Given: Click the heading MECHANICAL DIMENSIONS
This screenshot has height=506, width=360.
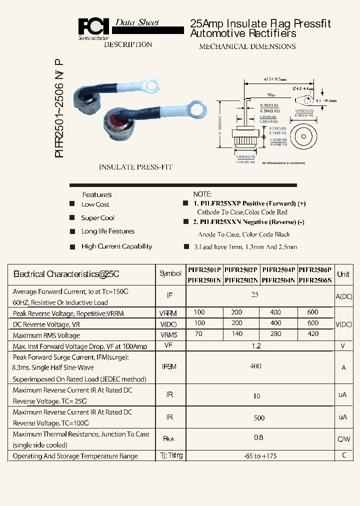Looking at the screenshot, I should click(247, 46).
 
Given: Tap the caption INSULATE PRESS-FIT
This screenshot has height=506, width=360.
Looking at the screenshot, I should click(135, 167).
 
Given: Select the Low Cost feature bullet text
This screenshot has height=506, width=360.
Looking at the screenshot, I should click(95, 204).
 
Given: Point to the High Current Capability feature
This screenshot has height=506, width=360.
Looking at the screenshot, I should click(116, 246).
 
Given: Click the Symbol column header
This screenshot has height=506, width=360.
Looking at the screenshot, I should click(170, 274).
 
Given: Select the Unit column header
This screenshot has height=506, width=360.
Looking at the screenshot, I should click(343, 274).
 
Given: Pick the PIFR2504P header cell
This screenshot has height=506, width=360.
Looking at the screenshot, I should click(278, 269).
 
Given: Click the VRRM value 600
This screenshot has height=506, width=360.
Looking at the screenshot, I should click(313, 312).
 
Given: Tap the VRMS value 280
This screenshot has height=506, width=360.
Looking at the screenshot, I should click(275, 334).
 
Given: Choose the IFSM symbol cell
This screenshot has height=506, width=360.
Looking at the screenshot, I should click(170, 366).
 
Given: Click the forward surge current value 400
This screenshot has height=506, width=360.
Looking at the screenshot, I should click(255, 366).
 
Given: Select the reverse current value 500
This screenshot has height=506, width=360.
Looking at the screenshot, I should click(259, 418).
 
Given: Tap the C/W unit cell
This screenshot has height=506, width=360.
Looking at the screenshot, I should click(343, 439).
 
